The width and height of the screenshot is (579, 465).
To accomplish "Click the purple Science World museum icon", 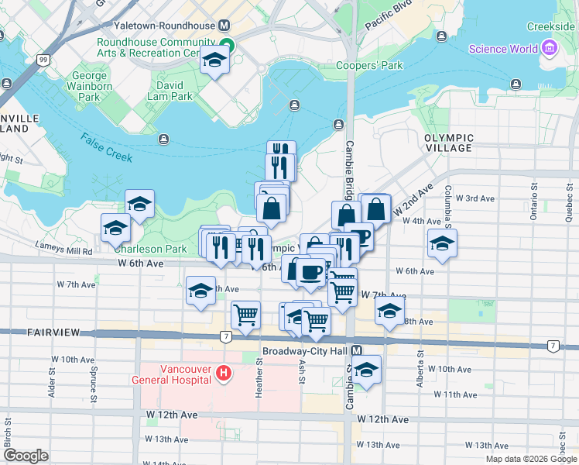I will (550, 50).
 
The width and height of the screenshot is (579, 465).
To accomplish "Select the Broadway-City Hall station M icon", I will (356, 351).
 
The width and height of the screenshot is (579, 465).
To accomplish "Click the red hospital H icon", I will (224, 374).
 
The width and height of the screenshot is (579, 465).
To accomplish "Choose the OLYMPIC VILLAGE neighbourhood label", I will (448, 143).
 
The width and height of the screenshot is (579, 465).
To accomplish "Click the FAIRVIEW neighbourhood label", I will (53, 332).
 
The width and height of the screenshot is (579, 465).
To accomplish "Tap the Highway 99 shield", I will (42, 60).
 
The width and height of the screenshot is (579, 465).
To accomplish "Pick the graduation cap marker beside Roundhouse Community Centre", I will (214, 61).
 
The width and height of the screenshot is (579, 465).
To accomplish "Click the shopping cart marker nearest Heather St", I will (245, 315).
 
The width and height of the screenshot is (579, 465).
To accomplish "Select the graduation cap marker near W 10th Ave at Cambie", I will (367, 369).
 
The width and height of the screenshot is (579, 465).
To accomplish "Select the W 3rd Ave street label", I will (475, 198).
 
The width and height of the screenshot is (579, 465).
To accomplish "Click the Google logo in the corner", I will (26, 456).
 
